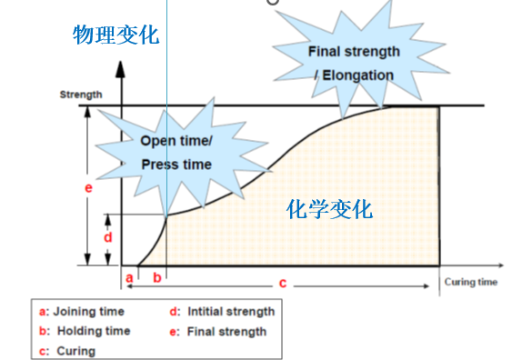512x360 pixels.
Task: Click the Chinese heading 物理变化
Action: click(x=115, y=36)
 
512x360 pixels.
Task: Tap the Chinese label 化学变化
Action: click(x=329, y=209)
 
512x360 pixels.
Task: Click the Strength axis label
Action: click(x=81, y=95)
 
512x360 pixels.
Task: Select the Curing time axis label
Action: click(x=471, y=282)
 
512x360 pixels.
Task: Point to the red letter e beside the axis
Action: click(x=88, y=188)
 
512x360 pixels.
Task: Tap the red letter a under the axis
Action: click(x=129, y=275)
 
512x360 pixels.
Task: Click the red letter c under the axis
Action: click(x=283, y=284)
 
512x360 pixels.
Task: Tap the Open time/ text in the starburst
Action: click(x=176, y=141)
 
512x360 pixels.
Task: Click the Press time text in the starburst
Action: click(x=176, y=165)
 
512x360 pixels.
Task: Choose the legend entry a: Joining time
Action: click(x=82, y=312)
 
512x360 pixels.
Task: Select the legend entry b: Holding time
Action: click(x=85, y=331)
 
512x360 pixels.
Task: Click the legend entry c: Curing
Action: click(x=67, y=350)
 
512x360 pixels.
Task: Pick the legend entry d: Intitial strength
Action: click(x=222, y=312)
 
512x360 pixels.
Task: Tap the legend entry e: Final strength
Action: click(x=218, y=331)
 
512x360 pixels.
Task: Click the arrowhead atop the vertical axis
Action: click(x=122, y=66)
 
